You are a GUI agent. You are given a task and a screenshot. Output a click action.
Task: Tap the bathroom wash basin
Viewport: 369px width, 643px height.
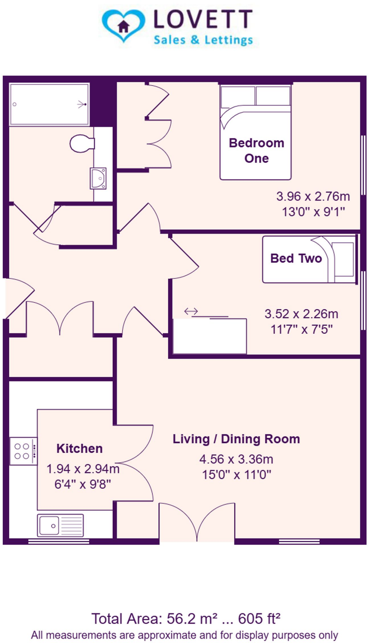click(98, 178)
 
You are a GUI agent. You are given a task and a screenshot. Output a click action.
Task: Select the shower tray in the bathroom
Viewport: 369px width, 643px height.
click(49, 104)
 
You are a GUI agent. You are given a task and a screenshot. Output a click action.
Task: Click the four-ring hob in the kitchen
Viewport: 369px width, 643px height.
click(23, 451)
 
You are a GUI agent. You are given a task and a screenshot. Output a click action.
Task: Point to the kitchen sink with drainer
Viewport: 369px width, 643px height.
click(60, 525)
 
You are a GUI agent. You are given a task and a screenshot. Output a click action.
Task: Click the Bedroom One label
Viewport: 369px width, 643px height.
click(256, 150)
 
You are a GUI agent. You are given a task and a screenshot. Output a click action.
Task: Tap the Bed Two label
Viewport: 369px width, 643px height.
click(296, 258)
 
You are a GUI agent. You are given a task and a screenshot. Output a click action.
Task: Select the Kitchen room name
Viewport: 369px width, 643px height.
click(79, 448)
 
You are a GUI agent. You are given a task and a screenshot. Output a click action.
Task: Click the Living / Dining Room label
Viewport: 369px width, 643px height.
click(236, 439)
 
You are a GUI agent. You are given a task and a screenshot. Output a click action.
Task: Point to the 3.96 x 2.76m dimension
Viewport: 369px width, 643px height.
click(313, 196)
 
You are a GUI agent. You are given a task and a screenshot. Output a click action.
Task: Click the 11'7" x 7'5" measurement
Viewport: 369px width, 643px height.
click(301, 329)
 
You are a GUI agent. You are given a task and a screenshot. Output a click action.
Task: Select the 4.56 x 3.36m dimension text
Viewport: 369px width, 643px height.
click(236, 459)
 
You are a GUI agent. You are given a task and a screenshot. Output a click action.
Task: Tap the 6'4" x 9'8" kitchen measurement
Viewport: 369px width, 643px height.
click(82, 484)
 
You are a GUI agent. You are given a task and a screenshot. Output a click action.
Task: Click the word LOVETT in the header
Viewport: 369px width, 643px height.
click(203, 19)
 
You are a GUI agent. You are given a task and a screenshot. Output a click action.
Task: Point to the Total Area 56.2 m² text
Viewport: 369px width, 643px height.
click(185, 619)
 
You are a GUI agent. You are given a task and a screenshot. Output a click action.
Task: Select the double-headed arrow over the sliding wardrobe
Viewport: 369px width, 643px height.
click(191, 311)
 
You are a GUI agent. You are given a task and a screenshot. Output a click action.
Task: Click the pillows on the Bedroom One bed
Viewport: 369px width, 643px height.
click(255, 96)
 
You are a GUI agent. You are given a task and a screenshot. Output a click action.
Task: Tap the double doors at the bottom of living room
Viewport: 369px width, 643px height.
click(197, 521)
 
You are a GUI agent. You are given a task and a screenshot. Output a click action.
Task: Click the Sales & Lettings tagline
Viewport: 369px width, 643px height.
click(203, 40)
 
